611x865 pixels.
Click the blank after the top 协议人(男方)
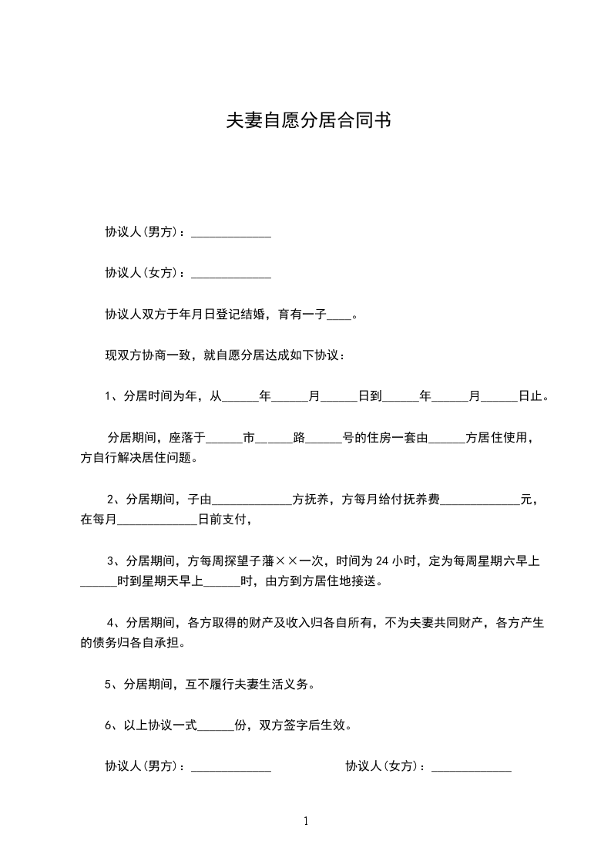pyautogui.click(x=230, y=233)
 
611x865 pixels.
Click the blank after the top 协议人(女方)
pyautogui.click(x=230, y=274)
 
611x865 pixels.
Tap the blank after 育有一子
pyautogui.click(x=339, y=315)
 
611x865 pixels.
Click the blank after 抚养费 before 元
pyautogui.click(x=480, y=500)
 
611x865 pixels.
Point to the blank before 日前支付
pyautogui.click(x=157, y=521)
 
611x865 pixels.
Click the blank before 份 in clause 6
pyautogui.click(x=217, y=725)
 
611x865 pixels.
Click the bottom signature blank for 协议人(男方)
pyautogui.click(x=230, y=767)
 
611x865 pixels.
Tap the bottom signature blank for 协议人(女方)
pyautogui.click(x=472, y=767)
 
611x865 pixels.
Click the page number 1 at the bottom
pyautogui.click(x=306, y=821)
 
